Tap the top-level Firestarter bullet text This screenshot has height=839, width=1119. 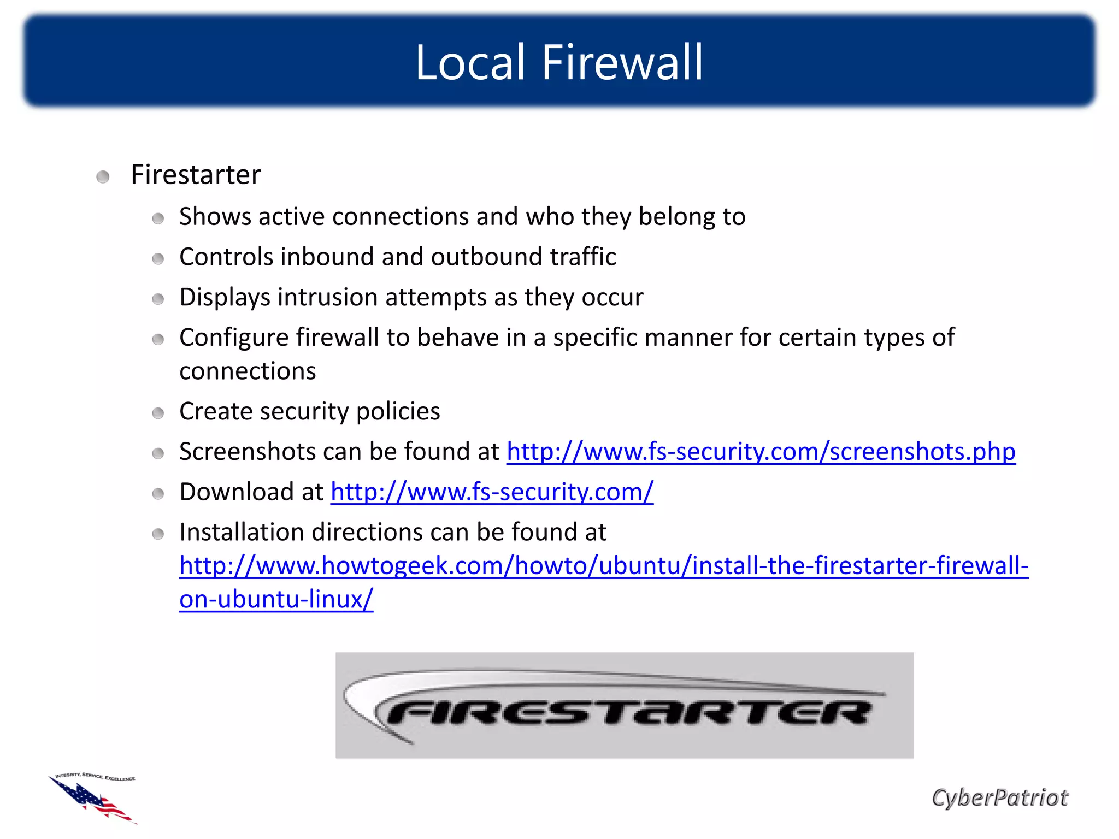(196, 175)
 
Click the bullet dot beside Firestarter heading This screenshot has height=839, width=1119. (103, 177)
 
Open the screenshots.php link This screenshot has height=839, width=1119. (761, 452)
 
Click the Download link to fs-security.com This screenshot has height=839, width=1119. (492, 492)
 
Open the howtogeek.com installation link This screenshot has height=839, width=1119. (604, 566)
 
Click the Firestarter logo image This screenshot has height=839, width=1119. (624, 705)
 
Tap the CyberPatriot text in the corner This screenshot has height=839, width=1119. (999, 797)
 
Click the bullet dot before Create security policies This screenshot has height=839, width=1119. (158, 413)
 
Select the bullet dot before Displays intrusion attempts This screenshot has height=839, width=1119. (158, 299)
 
